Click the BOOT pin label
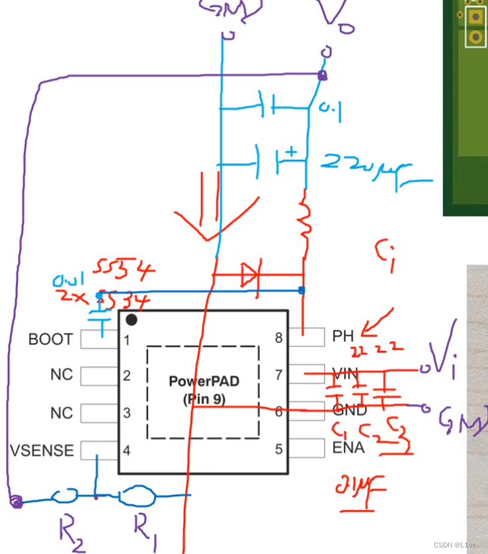(x=50, y=340)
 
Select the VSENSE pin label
(x=42, y=451)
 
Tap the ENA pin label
(x=348, y=448)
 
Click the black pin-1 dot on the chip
(x=132, y=321)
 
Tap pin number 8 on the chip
(x=278, y=338)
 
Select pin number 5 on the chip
(x=278, y=450)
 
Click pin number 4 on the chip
(x=126, y=451)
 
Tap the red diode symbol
(x=250, y=275)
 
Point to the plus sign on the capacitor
(x=292, y=153)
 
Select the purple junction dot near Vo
(x=322, y=76)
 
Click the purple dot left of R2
(x=16, y=503)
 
